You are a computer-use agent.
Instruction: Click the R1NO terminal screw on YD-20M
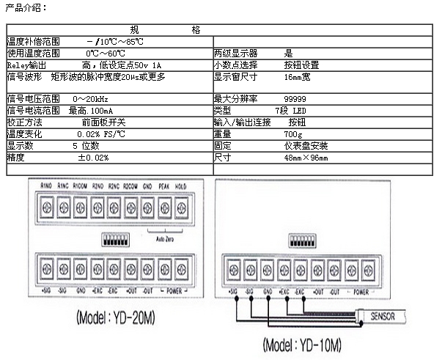[x=46, y=207]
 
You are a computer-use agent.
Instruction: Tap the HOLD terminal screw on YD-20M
[x=182, y=207]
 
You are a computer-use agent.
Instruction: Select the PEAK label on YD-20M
[x=163, y=186]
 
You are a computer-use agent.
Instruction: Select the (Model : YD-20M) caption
[x=116, y=320]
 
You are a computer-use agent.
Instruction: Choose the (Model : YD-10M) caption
[x=301, y=345]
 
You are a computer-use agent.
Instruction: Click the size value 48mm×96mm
[x=306, y=158]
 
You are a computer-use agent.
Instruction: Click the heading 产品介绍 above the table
[x=26, y=7]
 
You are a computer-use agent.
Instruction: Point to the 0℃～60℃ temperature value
[x=105, y=54]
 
